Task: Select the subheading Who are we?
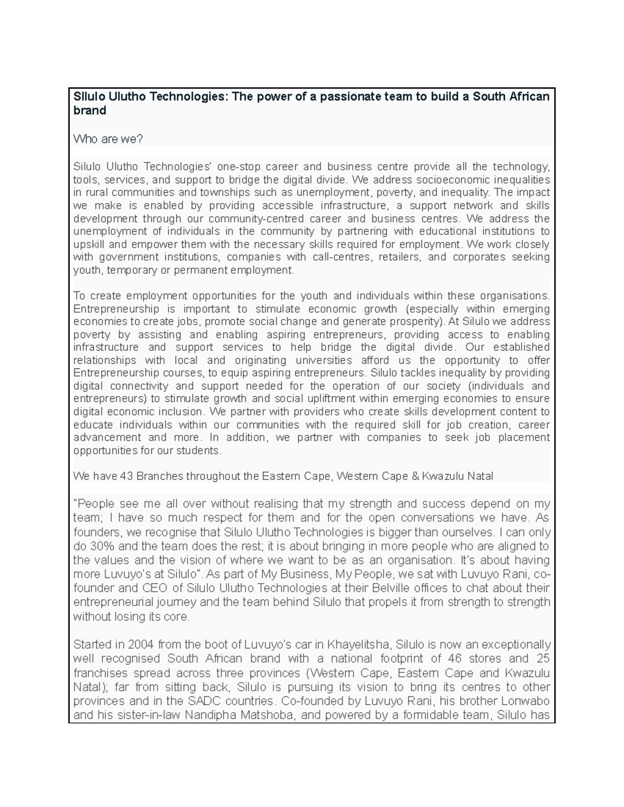[108, 139]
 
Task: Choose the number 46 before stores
[458, 659]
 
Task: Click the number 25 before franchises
[543, 659]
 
